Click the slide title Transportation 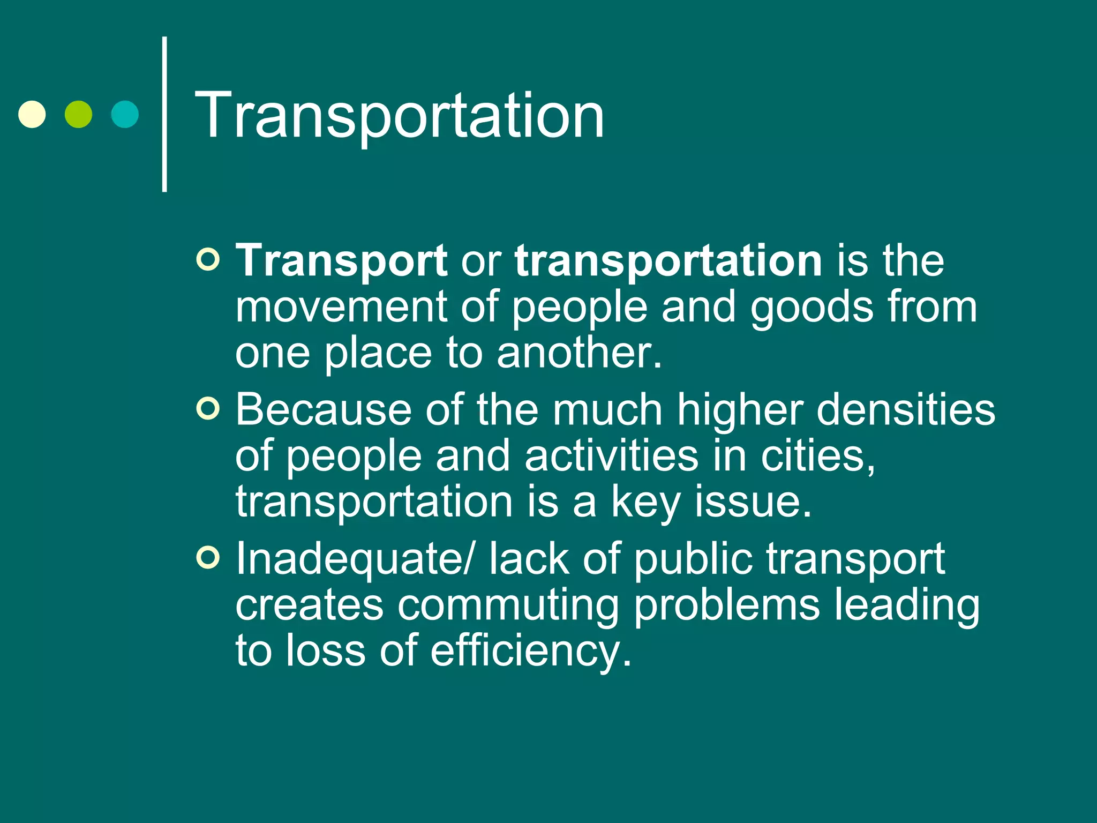pos(399,115)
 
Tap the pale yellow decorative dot pos(32,114)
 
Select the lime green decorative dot pos(78,114)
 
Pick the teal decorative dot pos(125,114)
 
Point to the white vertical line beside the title pos(164,114)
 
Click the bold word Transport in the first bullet pos(341,261)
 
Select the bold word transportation pos(668,261)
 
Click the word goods pos(812,308)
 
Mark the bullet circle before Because pos(208,409)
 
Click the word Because pos(323,410)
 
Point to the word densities pos(905,410)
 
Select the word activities pos(611,456)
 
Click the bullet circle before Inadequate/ pos(208,558)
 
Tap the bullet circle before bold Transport pos(208,260)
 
